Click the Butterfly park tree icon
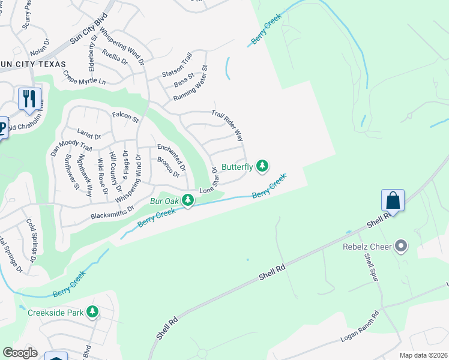[262, 166]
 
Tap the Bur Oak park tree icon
[188, 200]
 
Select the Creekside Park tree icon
[92, 311]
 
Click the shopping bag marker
[393, 200]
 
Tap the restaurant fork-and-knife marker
[29, 98]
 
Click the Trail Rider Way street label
[227, 125]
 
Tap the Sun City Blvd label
[88, 29]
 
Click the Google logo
[20, 353]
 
